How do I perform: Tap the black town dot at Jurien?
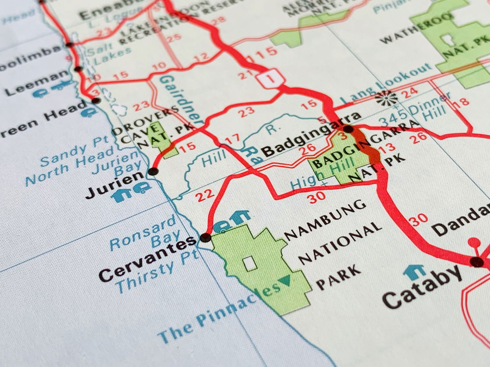point(153,171)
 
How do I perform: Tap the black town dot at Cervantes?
point(206,237)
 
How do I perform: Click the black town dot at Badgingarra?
point(348,129)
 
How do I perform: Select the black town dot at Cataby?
point(476,262)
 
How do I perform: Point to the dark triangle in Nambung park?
point(285,280)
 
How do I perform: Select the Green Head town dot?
point(96,100)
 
